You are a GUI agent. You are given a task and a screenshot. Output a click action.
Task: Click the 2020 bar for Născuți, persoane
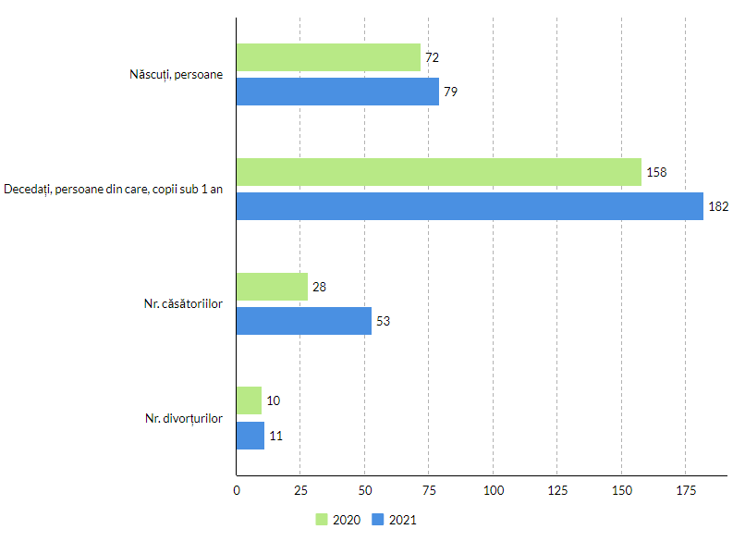coord(328,57)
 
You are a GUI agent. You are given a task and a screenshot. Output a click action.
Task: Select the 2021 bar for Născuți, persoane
coord(337,92)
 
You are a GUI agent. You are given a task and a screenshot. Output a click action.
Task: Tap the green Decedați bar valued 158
coord(439,172)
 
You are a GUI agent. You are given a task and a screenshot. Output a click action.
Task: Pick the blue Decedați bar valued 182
coord(470,206)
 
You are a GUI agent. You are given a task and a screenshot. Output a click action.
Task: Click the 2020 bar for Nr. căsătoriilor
coord(272,287)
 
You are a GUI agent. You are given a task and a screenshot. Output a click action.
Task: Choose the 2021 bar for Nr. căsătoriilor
coord(304,321)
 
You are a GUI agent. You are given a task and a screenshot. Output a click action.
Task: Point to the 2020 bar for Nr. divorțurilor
coord(250,400)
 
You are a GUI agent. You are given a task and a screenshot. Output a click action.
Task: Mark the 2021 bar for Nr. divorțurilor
coord(250,436)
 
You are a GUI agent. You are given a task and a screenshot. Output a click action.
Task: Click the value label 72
coord(432,57)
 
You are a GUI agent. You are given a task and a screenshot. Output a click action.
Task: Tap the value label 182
coord(718,206)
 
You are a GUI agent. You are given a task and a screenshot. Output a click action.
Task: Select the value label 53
coord(384,321)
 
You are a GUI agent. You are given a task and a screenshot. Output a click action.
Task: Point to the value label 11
coord(275,436)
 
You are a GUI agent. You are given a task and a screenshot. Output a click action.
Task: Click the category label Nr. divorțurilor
coord(183,418)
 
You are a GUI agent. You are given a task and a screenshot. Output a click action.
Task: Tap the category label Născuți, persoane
coord(177,74)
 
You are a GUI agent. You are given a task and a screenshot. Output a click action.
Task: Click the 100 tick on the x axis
coord(493,489)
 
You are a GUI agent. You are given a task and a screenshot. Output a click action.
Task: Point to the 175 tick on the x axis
coord(685,489)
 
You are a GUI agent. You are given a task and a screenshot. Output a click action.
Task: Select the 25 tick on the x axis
coord(300,489)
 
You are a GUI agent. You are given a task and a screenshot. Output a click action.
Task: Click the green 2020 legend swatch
coord(322,520)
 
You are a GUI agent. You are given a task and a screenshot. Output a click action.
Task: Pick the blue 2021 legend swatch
coord(377,520)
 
